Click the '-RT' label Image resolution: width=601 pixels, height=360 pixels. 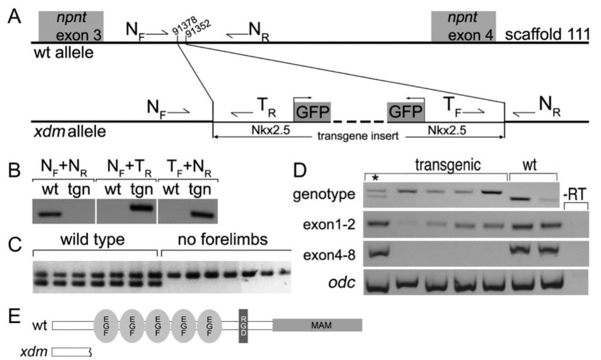[x=576, y=198]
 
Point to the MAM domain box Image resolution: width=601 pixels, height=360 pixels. [x=317, y=324]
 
